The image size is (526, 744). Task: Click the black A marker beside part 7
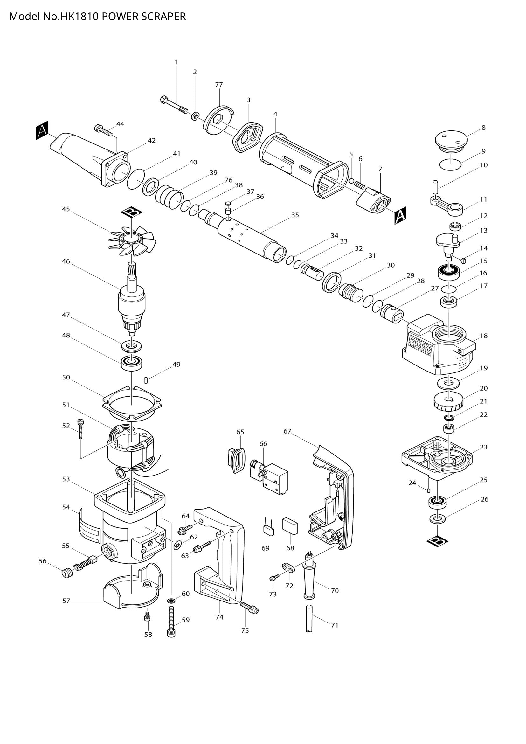400,215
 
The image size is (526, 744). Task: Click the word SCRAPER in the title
163,17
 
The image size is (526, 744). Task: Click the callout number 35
295,215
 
